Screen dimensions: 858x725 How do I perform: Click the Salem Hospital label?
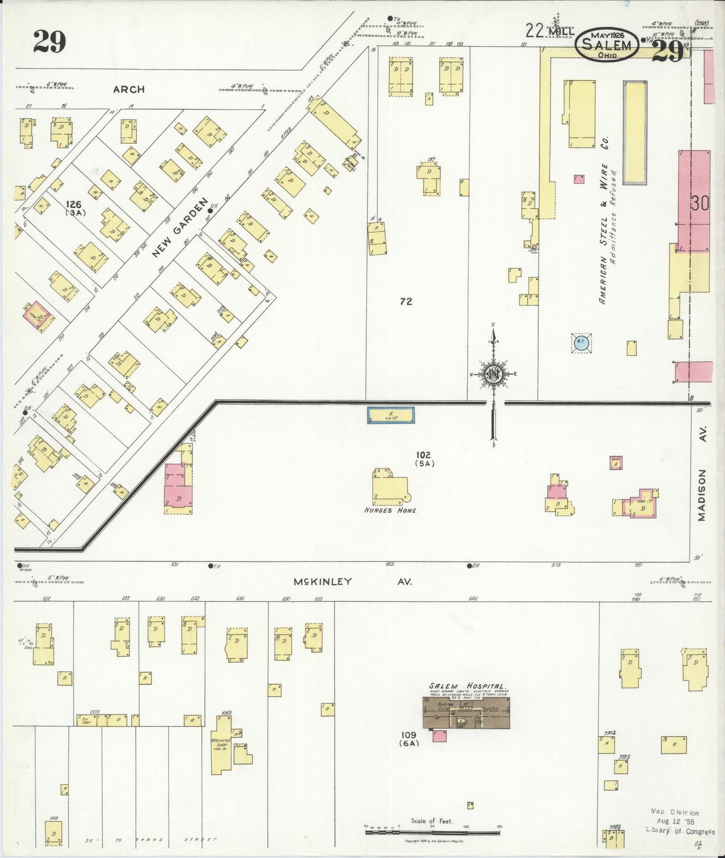tap(467, 686)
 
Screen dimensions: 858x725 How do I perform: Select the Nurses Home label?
tap(390, 510)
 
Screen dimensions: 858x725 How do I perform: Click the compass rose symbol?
tap(494, 374)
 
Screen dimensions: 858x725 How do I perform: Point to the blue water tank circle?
tap(581, 343)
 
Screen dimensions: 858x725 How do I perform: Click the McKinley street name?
tap(323, 582)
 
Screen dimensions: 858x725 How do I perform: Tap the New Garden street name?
tap(180, 228)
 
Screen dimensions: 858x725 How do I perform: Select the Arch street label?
tap(129, 89)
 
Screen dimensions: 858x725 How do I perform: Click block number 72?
tap(406, 301)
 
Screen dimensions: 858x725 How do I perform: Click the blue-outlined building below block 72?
tap(391, 415)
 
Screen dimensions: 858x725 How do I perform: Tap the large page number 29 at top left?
tap(50, 42)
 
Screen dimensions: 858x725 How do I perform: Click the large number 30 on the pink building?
tap(699, 203)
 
